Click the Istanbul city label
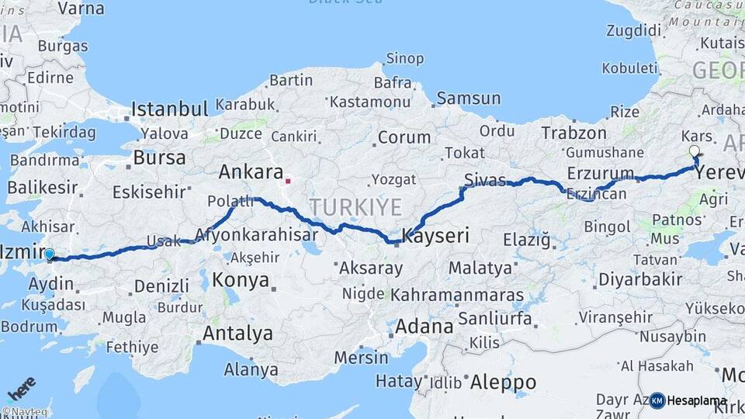coord(169,109)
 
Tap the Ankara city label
coord(249,171)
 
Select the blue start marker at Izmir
coord(50,254)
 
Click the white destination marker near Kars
coord(694,151)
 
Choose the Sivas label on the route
coord(484,180)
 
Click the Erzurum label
coord(600,172)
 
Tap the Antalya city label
coord(237,334)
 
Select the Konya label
coord(241,279)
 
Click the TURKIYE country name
coord(355,207)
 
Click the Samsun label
coord(468,99)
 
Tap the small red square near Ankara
coord(288,182)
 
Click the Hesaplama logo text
coord(697,401)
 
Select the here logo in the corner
coord(21,386)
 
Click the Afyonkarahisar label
coord(256,234)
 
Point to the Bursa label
coord(159,158)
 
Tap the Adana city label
coord(424,326)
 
